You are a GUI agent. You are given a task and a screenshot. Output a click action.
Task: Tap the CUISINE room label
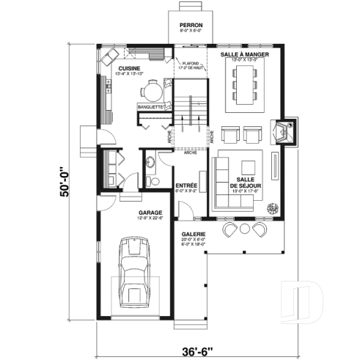(x=130, y=68)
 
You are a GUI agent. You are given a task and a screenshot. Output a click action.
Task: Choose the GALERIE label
(x=194, y=235)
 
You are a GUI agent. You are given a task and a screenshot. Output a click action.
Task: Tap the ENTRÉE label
(x=185, y=185)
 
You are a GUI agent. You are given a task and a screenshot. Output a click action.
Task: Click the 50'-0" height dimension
(x=67, y=180)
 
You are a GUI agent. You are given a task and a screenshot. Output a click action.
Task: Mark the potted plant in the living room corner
(x=274, y=207)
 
